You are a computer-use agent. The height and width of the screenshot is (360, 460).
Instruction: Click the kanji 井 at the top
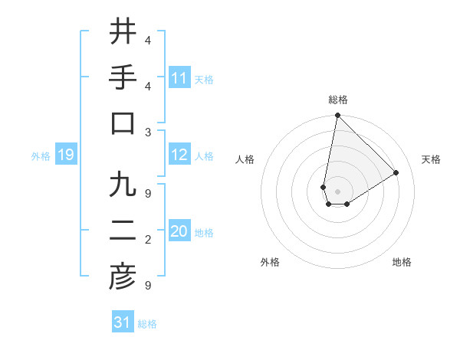click(x=122, y=32)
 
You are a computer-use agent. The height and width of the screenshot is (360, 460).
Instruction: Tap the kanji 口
click(x=122, y=123)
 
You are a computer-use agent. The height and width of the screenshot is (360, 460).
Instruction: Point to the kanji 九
click(x=122, y=186)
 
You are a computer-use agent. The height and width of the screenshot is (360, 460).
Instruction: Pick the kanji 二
click(x=122, y=232)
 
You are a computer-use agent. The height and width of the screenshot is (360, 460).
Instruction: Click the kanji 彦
click(x=122, y=278)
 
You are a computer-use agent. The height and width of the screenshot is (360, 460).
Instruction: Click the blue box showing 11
click(x=179, y=78)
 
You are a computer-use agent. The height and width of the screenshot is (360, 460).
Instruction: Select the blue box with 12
click(x=179, y=155)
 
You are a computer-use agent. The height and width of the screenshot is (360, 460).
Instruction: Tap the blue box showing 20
click(x=179, y=232)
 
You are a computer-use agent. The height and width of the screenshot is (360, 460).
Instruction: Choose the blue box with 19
click(x=65, y=155)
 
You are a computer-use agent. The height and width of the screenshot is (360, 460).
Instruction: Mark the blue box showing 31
click(x=123, y=322)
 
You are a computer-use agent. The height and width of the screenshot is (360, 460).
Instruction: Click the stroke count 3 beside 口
click(x=148, y=131)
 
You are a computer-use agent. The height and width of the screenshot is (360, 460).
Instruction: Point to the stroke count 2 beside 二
click(x=148, y=241)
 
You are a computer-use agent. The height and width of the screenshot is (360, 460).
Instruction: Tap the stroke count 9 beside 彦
click(x=148, y=286)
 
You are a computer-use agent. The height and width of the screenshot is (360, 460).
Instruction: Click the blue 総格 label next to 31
click(x=147, y=324)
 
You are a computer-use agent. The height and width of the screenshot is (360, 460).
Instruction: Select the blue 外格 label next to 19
click(x=41, y=156)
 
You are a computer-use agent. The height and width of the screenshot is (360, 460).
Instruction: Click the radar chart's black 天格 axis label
click(x=431, y=159)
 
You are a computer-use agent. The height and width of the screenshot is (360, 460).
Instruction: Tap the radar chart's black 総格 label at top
click(x=337, y=100)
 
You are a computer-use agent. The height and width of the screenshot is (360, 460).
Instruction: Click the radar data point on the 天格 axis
click(x=396, y=173)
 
